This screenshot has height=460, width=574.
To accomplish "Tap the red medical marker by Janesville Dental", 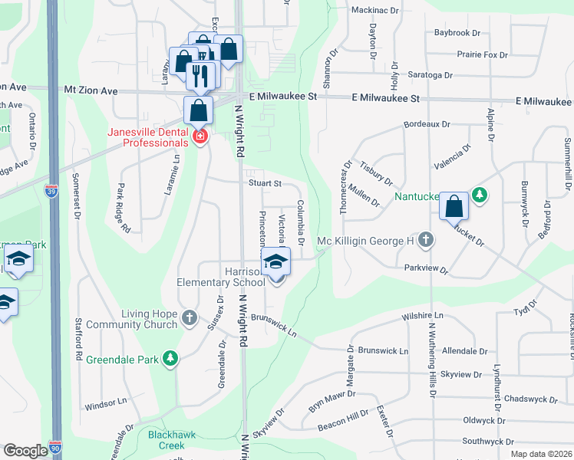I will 200,136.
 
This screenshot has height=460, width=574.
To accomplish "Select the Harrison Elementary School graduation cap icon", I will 275,263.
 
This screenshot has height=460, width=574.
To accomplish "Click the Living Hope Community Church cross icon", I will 190,316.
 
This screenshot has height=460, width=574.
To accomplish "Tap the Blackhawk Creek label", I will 166,439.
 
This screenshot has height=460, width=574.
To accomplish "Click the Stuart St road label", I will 265,184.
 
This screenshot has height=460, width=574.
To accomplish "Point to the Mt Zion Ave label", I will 91,90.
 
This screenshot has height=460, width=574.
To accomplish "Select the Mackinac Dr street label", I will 375,11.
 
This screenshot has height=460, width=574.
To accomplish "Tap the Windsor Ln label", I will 104,403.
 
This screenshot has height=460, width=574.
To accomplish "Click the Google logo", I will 25,451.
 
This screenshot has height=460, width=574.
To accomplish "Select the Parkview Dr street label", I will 424,268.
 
